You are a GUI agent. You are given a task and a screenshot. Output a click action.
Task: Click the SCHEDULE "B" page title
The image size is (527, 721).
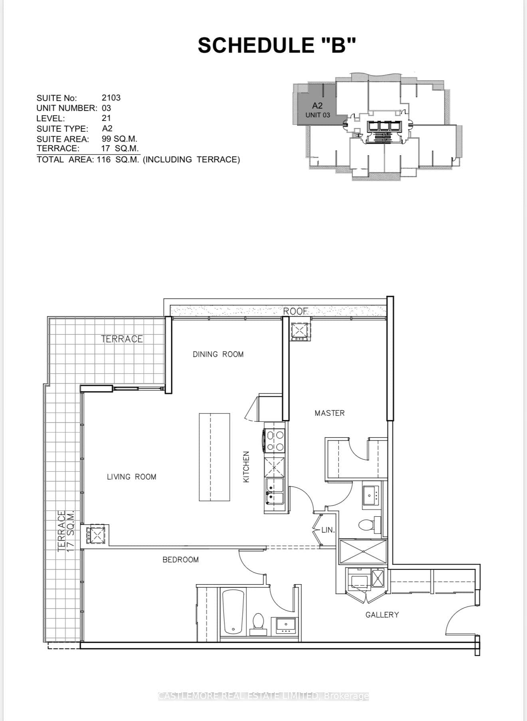coord(276,45)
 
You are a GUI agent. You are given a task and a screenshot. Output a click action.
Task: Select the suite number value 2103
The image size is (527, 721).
coord(111,98)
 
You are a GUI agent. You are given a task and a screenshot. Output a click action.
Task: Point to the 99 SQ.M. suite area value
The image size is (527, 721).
coord(119,139)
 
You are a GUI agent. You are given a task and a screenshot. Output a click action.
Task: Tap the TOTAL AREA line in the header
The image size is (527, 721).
coord(138,160)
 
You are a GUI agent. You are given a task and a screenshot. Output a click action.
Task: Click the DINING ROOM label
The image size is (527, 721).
coord(218,354)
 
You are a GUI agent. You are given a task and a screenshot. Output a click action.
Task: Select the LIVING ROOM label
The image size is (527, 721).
coord(131,477)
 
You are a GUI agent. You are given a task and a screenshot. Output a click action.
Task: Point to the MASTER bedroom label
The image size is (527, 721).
coord(329,413)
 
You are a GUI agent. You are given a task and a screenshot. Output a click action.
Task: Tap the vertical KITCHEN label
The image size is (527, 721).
coord(246,467)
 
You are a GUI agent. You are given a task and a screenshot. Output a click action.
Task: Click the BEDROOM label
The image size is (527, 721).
coord(180,560)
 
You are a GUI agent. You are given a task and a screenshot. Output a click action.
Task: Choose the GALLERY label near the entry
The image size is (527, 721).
coord(382,615)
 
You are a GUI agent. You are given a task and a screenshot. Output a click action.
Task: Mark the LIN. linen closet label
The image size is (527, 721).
coord(328,530)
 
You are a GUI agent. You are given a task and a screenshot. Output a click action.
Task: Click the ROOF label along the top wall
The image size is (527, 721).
coord(296,311)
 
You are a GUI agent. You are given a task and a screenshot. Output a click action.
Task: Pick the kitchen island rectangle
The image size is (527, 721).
coord(214,457)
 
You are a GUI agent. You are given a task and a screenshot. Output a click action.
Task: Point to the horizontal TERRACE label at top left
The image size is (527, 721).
coord(122,339)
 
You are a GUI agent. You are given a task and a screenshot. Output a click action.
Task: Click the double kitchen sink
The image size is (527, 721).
coord(275,492)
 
